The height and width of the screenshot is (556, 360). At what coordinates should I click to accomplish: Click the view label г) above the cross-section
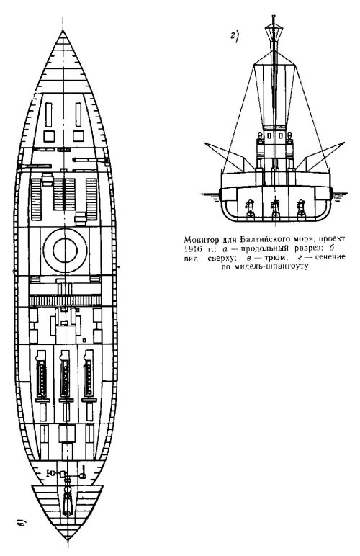click(235, 37)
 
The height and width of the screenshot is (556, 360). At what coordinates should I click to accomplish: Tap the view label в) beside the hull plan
click(22, 522)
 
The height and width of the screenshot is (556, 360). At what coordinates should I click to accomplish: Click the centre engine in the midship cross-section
click(275, 208)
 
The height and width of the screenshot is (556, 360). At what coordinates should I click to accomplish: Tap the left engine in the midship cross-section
click(250, 208)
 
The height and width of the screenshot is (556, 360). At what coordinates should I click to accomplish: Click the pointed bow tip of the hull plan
click(63, 31)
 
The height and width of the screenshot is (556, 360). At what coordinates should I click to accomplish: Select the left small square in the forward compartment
click(49, 136)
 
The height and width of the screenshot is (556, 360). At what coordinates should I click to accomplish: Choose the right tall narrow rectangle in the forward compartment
click(78, 115)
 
